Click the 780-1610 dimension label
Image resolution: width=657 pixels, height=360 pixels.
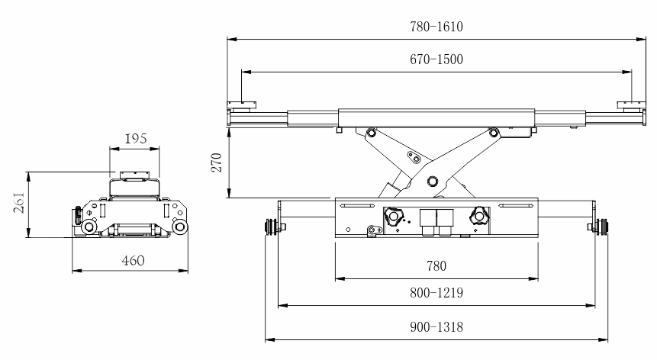(436, 27)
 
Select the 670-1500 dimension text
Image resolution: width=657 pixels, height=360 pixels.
(436, 59)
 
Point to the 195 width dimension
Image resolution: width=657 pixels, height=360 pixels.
(135, 140)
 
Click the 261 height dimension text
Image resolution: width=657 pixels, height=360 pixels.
(21, 202)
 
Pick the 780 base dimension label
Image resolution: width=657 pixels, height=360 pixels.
(436, 266)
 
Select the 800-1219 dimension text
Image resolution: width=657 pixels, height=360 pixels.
(436, 293)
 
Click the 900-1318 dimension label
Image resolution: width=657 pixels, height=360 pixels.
(436, 326)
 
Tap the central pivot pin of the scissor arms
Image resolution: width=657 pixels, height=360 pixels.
(433, 181)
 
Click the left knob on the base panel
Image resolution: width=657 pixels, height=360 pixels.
(394, 216)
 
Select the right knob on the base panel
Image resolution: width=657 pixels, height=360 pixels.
(480, 216)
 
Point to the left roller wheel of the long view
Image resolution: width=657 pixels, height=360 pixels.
(269, 227)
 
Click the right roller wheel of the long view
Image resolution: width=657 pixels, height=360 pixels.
(603, 227)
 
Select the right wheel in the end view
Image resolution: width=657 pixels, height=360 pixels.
(181, 227)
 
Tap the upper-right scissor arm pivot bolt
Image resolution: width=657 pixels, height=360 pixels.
(494, 133)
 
